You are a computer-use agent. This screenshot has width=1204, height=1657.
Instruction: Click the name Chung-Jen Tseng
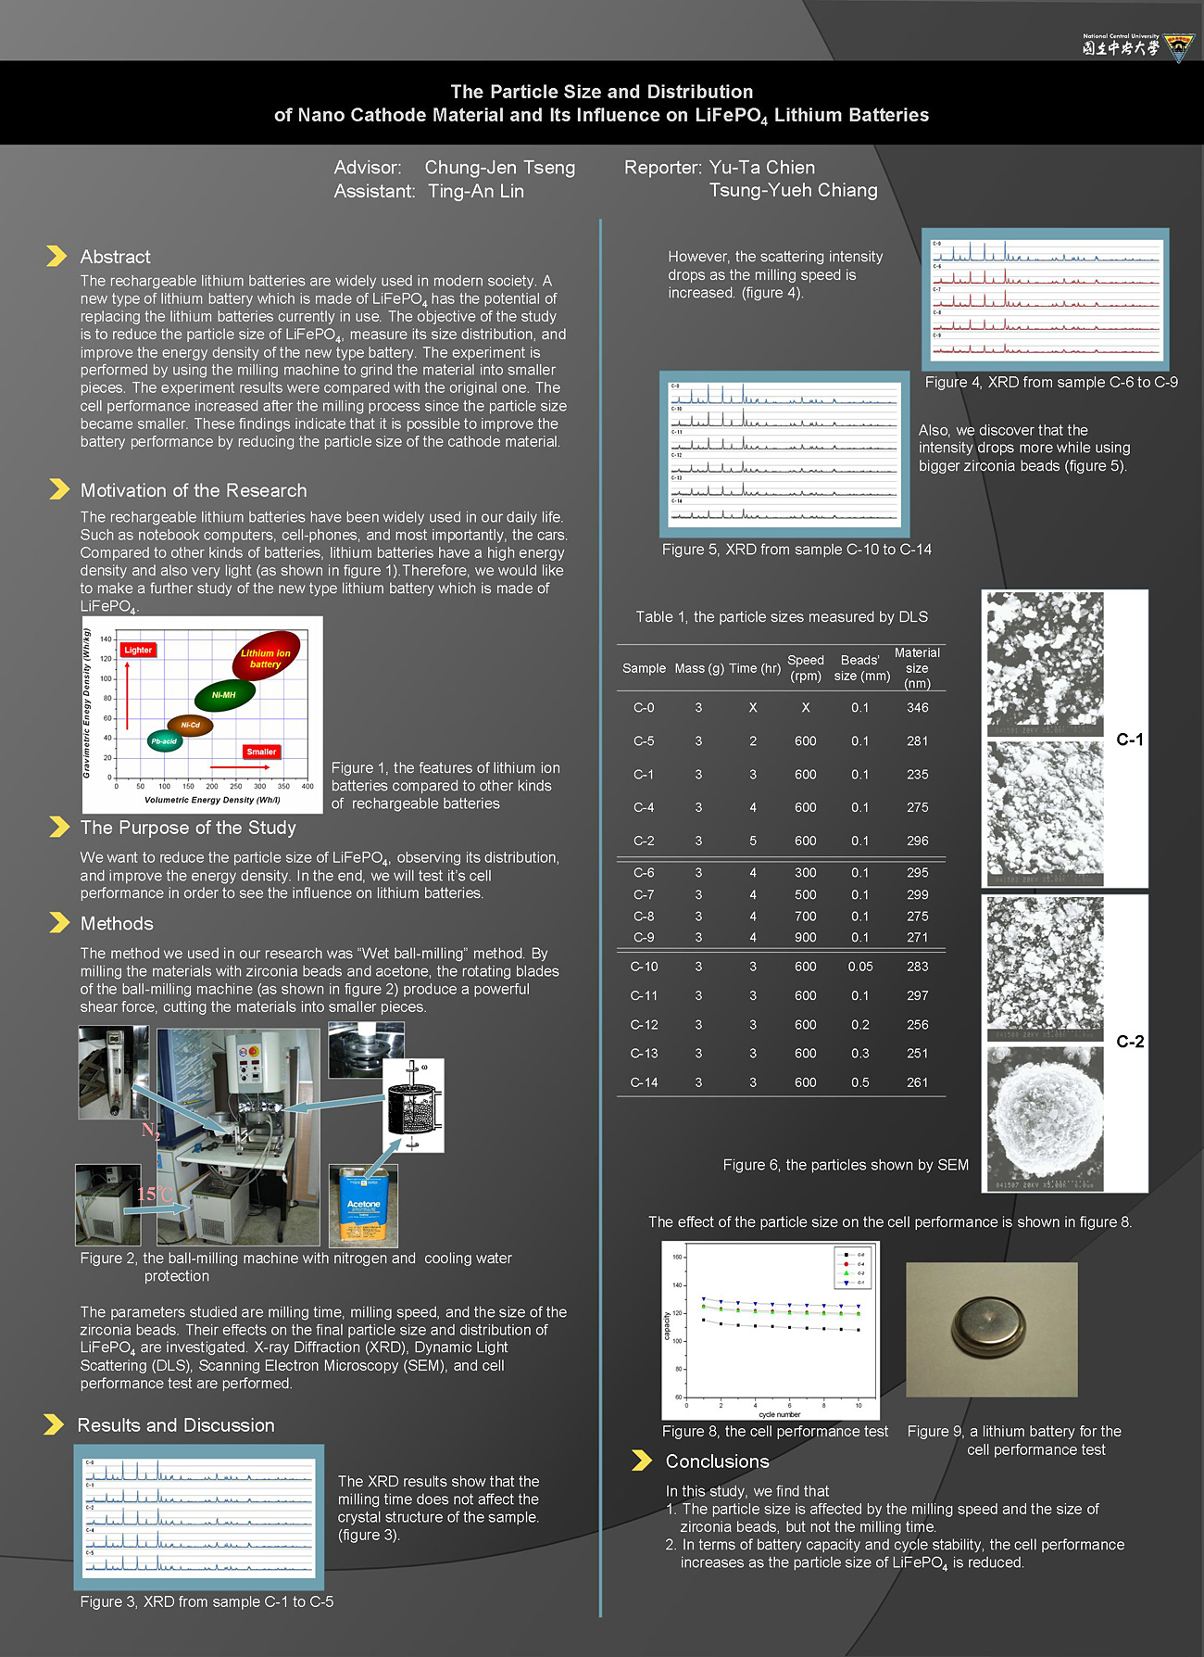pos(499,168)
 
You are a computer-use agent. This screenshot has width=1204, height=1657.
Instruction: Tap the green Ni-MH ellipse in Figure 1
pos(224,694)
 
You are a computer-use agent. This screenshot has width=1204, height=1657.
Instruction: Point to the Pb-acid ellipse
pos(164,741)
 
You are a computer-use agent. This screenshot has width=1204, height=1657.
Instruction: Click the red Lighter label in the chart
pos(138,650)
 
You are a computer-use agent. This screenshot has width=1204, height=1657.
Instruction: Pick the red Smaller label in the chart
pos(261,752)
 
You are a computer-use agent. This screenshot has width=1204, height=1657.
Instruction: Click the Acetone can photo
pos(363,1205)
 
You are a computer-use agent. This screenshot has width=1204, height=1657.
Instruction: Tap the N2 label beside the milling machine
pos(150,1131)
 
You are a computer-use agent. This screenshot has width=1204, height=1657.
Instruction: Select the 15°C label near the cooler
pos(156,1194)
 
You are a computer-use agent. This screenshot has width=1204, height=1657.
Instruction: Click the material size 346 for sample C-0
pos(917,708)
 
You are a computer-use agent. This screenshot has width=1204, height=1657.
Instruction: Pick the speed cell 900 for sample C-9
pos(805,938)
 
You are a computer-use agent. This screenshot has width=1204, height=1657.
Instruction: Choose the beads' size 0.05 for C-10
pos(859,967)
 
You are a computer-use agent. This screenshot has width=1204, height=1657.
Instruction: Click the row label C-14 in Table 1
pos(644,1082)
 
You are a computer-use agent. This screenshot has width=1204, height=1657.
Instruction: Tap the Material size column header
pos(917,667)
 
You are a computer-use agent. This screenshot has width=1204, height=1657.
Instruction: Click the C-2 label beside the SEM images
pos(1129,1042)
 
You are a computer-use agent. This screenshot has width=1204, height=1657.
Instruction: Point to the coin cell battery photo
pos(991,1328)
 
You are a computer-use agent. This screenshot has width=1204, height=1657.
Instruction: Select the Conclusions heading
pos(717,1461)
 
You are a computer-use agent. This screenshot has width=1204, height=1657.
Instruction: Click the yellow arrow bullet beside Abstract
pos(56,256)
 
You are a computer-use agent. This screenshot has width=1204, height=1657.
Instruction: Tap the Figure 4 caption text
pos(1050,383)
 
